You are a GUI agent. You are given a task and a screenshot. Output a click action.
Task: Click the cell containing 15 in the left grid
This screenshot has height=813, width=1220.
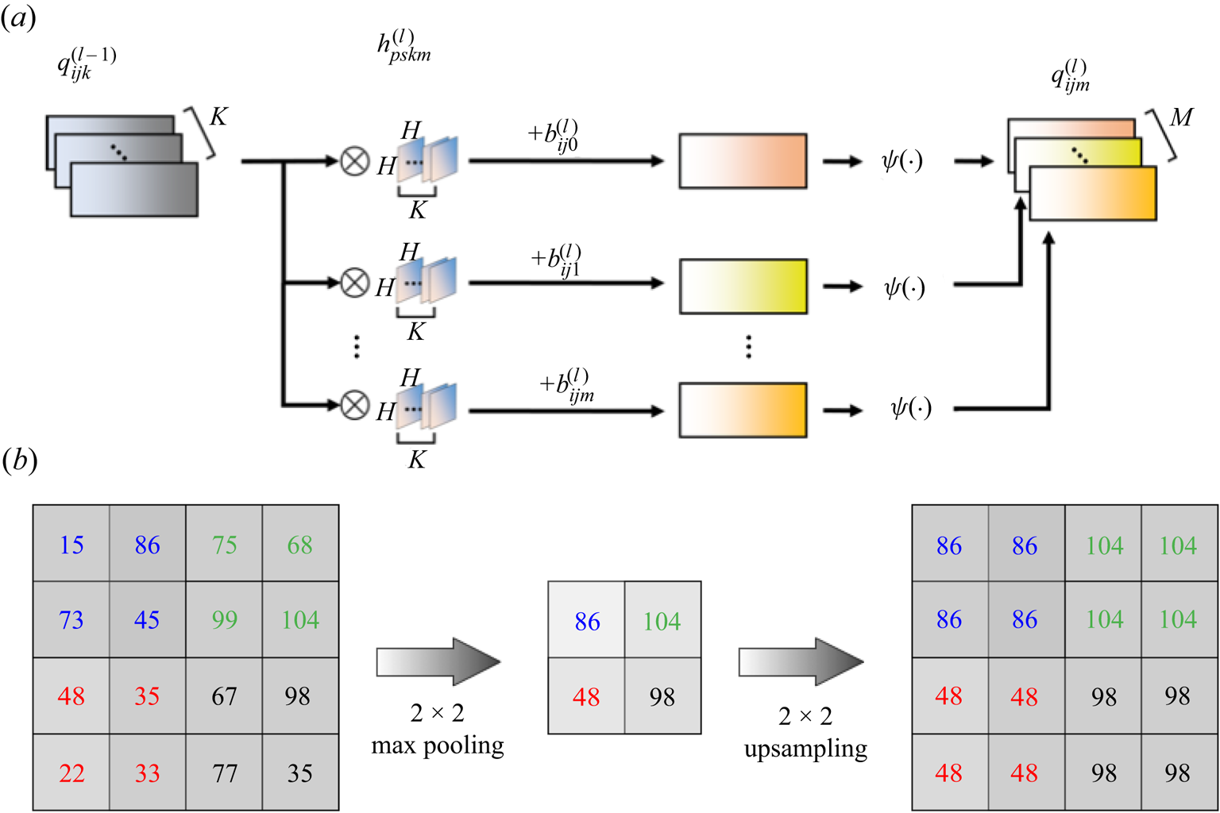[x=71, y=545]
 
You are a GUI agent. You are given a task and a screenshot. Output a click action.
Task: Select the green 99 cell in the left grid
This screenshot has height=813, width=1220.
[x=224, y=619]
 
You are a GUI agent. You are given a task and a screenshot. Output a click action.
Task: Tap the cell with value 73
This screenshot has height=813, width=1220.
[x=71, y=619]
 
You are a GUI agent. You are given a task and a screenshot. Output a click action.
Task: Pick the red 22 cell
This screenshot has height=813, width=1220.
[x=71, y=773]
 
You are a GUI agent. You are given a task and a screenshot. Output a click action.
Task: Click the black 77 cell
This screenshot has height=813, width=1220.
[x=224, y=773]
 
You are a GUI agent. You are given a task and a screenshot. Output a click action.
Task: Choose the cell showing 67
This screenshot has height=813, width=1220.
[x=224, y=696]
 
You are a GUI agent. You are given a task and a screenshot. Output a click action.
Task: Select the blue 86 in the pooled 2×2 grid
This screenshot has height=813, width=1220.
[x=587, y=621]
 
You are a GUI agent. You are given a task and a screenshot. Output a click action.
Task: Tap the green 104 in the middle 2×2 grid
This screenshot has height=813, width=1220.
[x=662, y=621]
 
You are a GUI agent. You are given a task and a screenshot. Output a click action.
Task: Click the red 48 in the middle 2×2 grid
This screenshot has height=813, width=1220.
[x=587, y=696]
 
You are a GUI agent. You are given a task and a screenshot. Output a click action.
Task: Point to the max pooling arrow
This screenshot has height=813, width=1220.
[x=438, y=661]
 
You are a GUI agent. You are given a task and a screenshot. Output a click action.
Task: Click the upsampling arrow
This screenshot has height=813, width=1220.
[x=801, y=661]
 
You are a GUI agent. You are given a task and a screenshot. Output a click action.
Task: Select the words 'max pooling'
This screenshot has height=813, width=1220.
[x=438, y=746]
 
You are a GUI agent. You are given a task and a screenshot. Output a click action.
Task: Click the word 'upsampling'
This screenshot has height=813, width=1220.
[x=805, y=749]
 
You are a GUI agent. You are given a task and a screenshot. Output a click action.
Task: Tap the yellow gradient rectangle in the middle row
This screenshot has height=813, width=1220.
[x=743, y=286]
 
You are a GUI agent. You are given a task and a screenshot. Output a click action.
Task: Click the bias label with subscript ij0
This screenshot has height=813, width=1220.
[x=553, y=136]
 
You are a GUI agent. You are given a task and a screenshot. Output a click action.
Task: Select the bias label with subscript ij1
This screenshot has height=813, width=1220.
[x=556, y=260]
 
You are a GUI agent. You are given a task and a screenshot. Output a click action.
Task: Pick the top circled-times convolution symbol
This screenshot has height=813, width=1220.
[x=355, y=161]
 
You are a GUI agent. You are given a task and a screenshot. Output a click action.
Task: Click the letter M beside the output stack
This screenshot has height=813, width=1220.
[x=1181, y=118]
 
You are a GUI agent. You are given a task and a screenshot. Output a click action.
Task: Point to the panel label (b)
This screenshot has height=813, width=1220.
[x=19, y=460]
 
